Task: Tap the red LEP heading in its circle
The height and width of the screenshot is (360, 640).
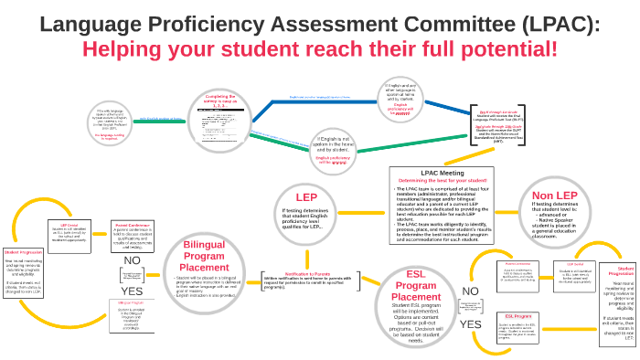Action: [306, 196]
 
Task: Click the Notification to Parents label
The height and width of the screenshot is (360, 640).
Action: [309, 274]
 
